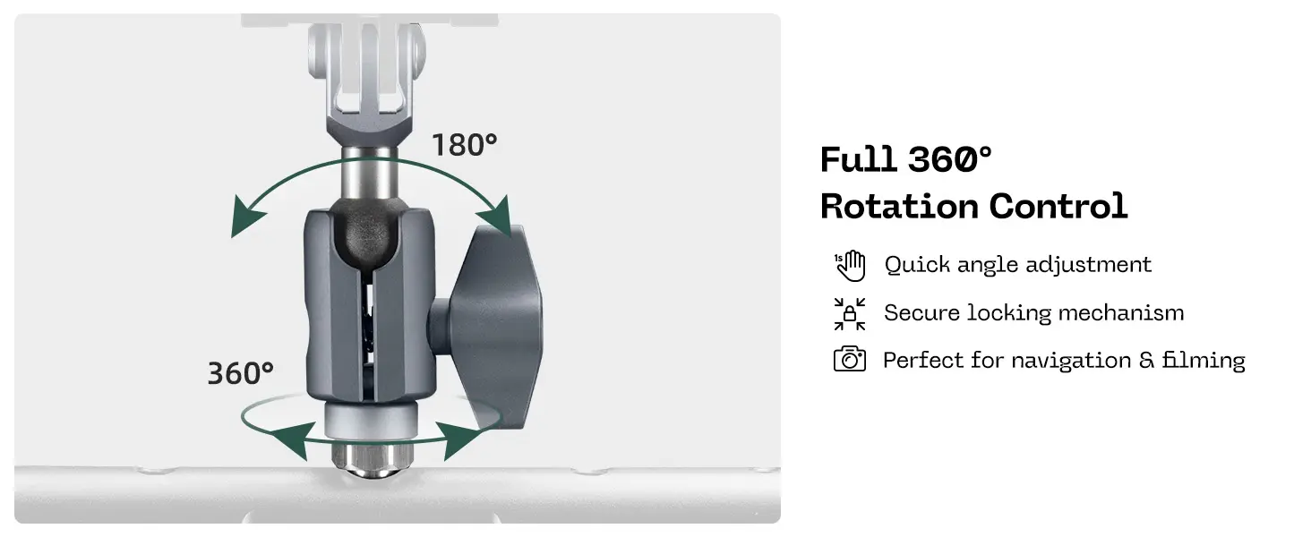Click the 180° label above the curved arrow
(464, 144)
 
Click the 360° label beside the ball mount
(240, 373)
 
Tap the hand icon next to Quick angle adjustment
(850, 265)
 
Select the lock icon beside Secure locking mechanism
(850, 313)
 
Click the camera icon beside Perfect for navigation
(850, 360)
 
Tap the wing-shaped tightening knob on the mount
(484, 322)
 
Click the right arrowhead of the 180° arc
(495, 217)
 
